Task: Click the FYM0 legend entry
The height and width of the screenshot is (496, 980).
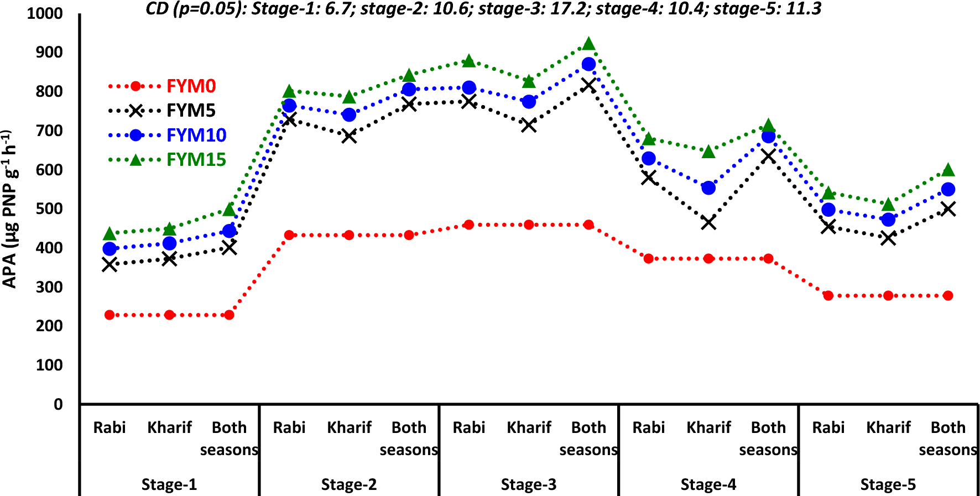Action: pyautogui.click(x=191, y=86)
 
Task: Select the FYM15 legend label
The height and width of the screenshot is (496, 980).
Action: pyautogui.click(x=196, y=160)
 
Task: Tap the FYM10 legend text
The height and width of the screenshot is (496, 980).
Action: pyautogui.click(x=196, y=135)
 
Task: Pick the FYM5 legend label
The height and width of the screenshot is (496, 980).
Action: pyautogui.click(x=191, y=111)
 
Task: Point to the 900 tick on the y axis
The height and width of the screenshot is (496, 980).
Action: pyautogui.click(x=49, y=53)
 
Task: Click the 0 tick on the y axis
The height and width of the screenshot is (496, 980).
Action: pyautogui.click(x=58, y=405)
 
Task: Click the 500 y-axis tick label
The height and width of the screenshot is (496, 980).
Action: pyautogui.click(x=49, y=209)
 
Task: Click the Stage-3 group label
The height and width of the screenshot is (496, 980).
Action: pyautogui.click(x=528, y=485)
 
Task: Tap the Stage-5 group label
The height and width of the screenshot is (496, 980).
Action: pyautogui.click(x=888, y=485)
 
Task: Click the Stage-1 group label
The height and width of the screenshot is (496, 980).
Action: pyautogui.click(x=169, y=485)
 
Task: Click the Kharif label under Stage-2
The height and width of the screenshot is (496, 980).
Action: pyautogui.click(x=349, y=427)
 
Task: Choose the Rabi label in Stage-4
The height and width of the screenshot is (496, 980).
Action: pyautogui.click(x=648, y=427)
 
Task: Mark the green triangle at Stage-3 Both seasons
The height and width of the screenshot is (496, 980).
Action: pyautogui.click(x=588, y=44)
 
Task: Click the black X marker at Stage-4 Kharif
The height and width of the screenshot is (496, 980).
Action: pyautogui.click(x=708, y=223)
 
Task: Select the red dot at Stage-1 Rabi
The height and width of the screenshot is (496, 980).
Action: pyautogui.click(x=110, y=315)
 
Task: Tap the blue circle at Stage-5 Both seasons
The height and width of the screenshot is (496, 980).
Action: pyautogui.click(x=948, y=190)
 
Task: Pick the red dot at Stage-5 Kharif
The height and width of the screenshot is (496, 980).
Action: pyautogui.click(x=888, y=296)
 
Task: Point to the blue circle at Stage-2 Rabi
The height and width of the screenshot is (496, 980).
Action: pyautogui.click(x=289, y=106)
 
